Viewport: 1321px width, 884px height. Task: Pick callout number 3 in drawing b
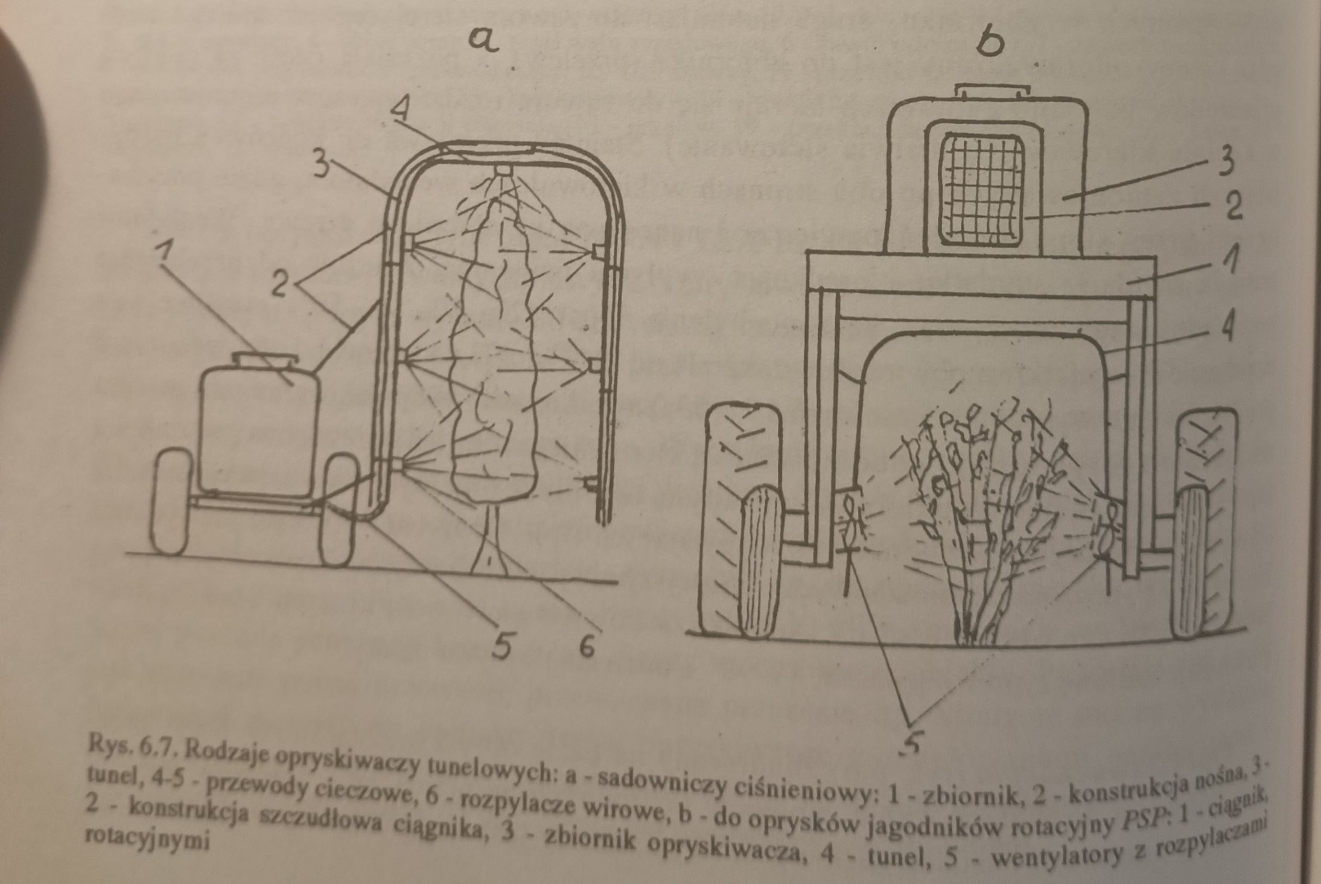(x=1225, y=162)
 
